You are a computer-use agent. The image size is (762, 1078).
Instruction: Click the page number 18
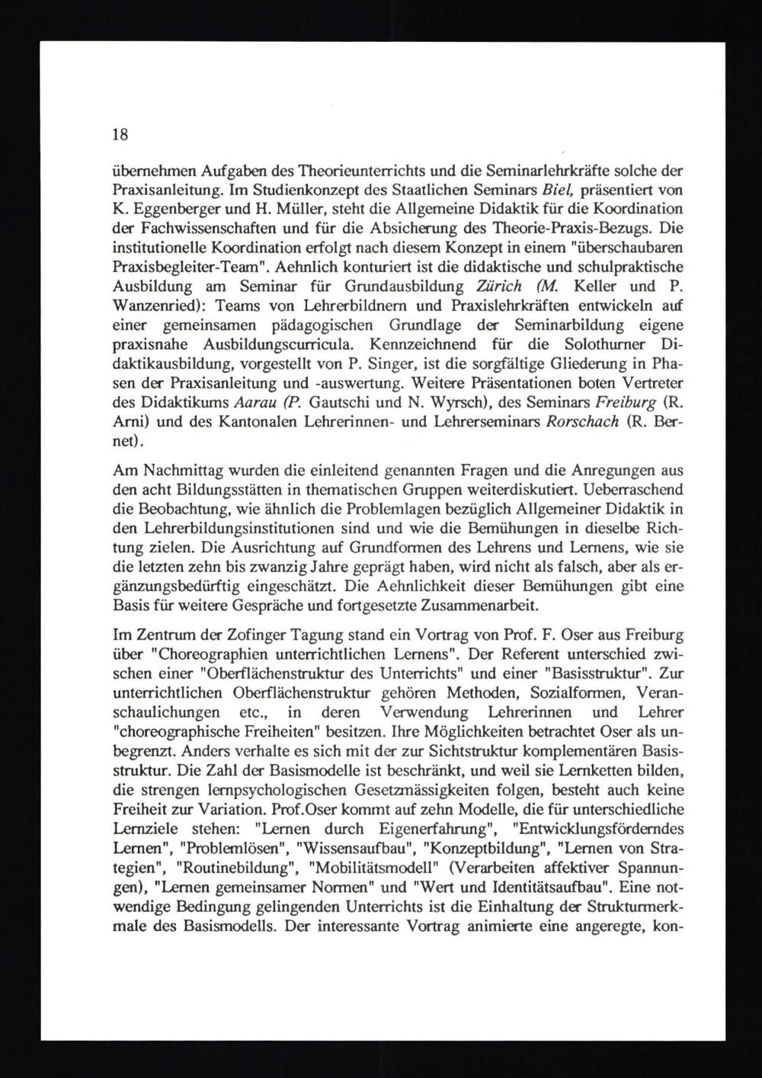tap(120, 135)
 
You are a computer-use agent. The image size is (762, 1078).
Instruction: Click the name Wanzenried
tap(157, 307)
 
